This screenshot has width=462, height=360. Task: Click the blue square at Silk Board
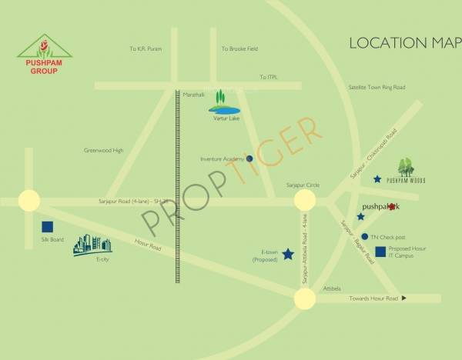48,227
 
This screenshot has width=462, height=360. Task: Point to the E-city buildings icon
92,245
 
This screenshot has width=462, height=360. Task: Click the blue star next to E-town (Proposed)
288,254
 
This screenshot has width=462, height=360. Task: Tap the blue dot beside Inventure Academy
249,158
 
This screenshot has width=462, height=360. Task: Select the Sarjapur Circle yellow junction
306,201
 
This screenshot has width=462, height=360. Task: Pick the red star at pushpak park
393,207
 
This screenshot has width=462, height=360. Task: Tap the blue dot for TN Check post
364,236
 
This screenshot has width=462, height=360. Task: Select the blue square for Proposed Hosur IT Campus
380,251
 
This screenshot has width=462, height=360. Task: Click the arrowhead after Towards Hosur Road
403,298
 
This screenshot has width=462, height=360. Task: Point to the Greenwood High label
103,151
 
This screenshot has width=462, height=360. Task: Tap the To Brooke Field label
237,48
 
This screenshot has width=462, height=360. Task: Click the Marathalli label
194,94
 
